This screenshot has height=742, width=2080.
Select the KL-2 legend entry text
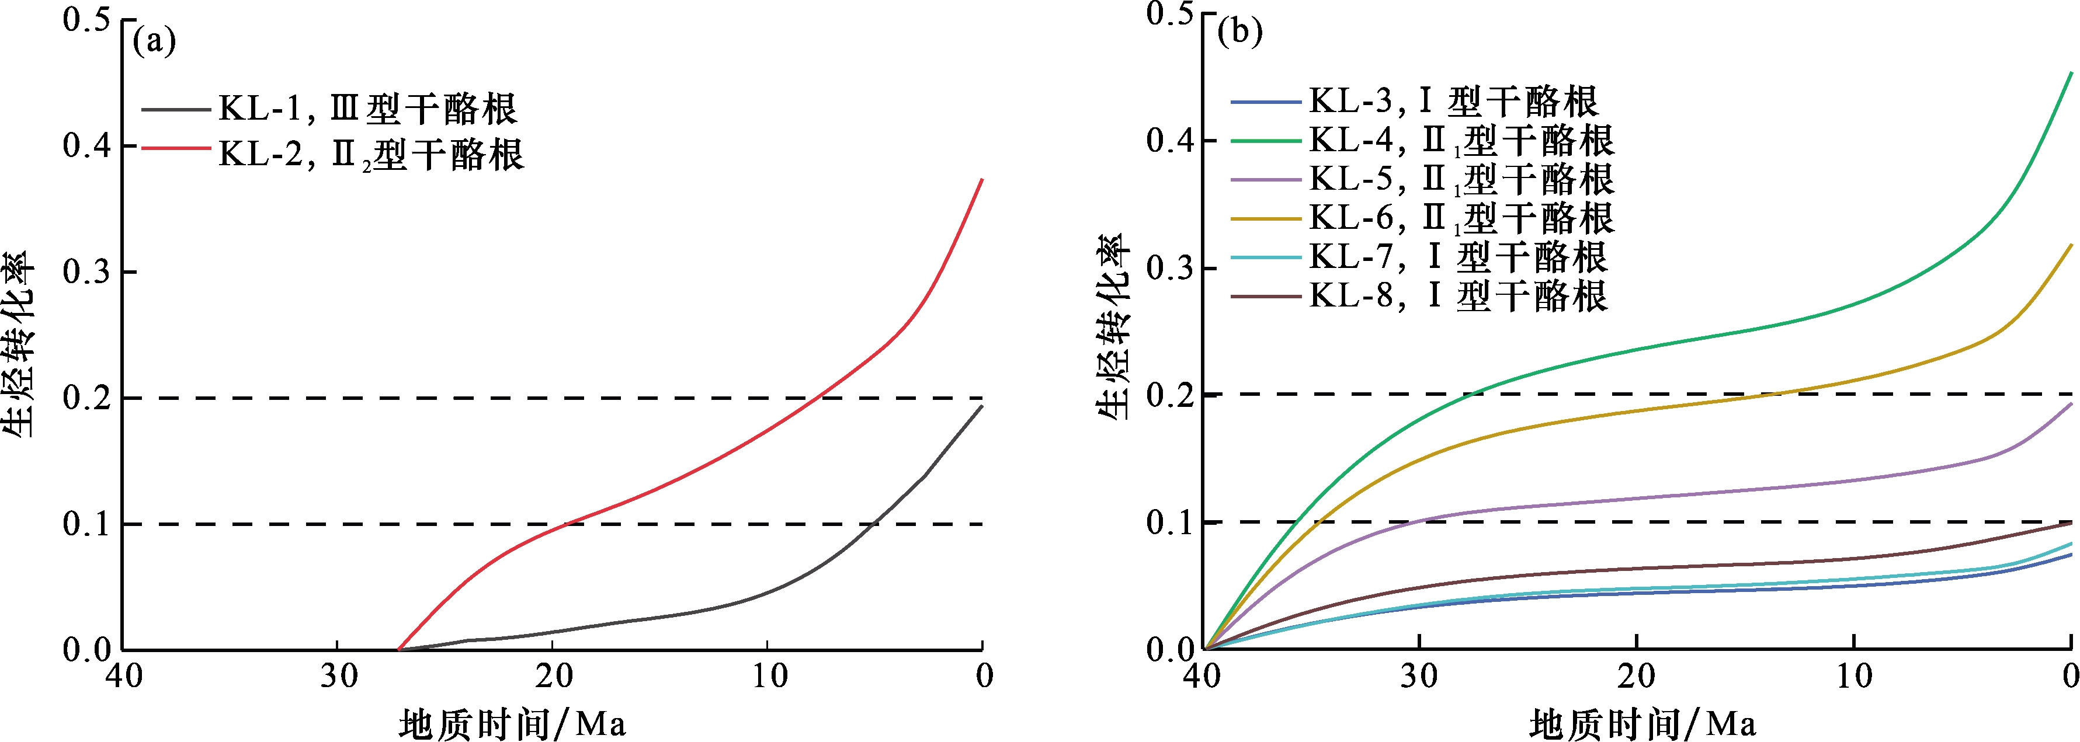[x=371, y=154]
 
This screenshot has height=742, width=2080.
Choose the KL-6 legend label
[x=1461, y=218]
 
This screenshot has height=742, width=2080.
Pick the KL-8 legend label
[x=1457, y=295]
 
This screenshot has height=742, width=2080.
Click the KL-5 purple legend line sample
[x=1265, y=179]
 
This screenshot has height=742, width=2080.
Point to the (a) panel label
[x=154, y=40]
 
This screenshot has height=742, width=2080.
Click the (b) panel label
[x=1239, y=32]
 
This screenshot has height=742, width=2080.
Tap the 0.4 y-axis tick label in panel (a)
[x=86, y=146]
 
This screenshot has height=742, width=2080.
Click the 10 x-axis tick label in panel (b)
[x=1853, y=676]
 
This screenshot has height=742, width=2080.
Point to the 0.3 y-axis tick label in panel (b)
[x=1170, y=268]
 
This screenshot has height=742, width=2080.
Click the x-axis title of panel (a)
[x=513, y=723]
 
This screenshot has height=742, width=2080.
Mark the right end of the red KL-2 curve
[x=981, y=180]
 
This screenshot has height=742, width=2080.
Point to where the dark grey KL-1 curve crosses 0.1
[x=871, y=524]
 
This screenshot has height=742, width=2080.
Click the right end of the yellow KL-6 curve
[x=2071, y=245]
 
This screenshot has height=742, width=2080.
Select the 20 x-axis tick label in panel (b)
[x=1637, y=676]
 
